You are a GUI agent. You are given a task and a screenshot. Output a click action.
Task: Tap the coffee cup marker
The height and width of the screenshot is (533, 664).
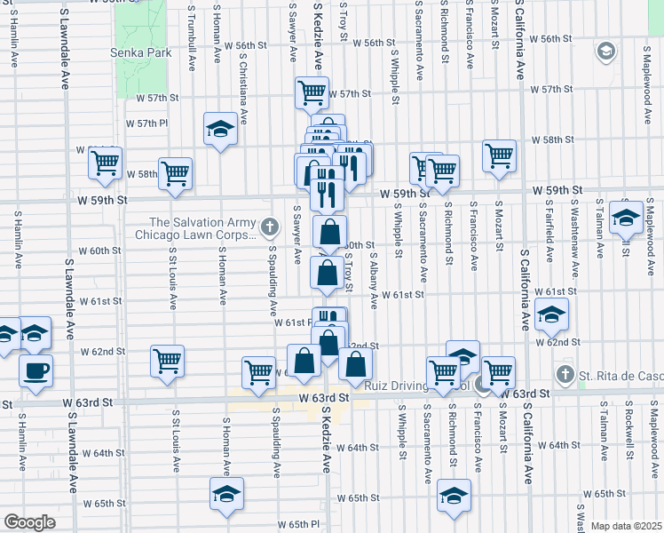pyautogui.click(x=36, y=371)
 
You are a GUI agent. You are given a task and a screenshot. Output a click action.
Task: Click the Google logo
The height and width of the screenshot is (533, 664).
pyautogui.click(x=29, y=522)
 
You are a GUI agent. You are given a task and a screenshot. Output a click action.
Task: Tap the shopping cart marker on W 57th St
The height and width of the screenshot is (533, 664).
pyautogui.click(x=312, y=93)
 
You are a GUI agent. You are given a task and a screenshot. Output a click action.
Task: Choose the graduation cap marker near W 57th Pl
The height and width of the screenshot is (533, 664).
pyautogui.click(x=220, y=130)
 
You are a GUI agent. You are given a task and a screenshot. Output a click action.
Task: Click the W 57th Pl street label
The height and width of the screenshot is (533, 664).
pyautogui.click(x=146, y=123)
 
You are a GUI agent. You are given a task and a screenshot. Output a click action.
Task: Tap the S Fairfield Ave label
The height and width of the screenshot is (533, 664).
pyautogui.click(x=550, y=231)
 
